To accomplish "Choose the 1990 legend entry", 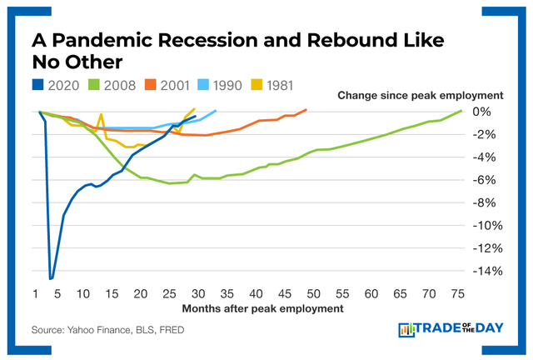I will (241, 84).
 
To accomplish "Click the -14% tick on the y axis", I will (485, 271).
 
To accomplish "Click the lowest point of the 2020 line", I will (51, 278).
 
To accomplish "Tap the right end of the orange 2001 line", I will (306, 109).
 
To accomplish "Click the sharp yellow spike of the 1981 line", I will (101, 115).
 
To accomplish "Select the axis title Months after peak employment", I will (249, 308).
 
